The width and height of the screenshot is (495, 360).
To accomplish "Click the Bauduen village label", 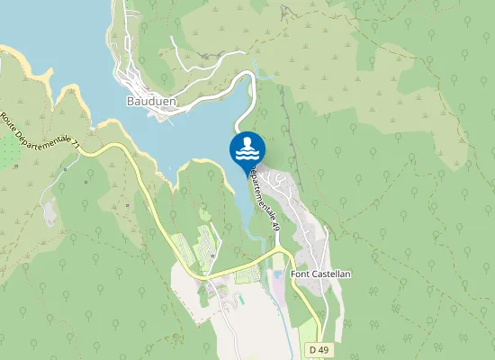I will coord(151,102).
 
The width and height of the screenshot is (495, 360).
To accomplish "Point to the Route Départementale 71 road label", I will coord(41,131).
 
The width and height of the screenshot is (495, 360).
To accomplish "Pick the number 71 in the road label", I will coord(75,143).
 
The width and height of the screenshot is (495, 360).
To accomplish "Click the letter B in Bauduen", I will coord(130,102).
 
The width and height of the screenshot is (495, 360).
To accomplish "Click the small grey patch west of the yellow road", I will coord(49,212).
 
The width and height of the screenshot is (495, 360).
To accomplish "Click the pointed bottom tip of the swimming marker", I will coord(247,172).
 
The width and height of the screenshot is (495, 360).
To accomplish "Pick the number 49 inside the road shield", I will coord(319,348).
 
